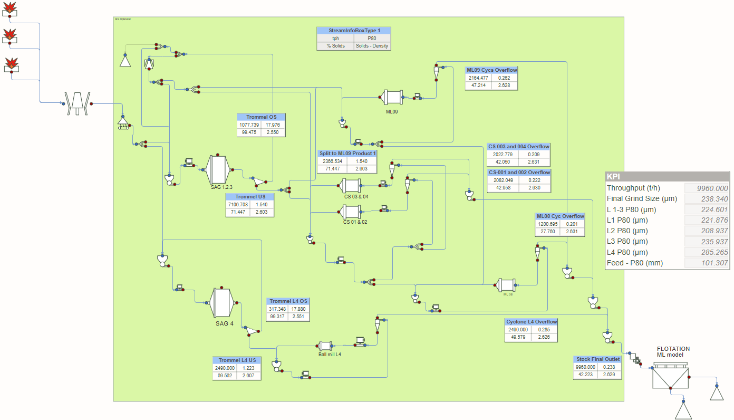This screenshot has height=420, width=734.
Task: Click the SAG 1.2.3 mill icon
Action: tap(218, 169)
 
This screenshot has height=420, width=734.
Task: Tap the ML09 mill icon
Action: tap(391, 97)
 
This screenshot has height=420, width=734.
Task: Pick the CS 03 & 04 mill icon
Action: tap(349, 185)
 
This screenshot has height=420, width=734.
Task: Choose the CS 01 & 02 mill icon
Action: tap(349, 212)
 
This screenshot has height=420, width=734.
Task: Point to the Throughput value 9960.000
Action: tap(706, 188)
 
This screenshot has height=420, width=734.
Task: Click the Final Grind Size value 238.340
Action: tap(706, 199)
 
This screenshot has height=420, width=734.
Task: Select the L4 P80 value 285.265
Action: tap(706, 252)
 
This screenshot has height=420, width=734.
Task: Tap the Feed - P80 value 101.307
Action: tap(706, 263)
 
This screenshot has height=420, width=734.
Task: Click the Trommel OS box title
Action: tap(262, 117)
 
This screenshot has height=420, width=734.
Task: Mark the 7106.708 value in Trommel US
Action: tap(237, 204)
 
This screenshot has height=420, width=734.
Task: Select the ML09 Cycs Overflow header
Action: tap(491, 70)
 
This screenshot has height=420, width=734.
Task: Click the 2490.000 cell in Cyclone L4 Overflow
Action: tap(517, 330)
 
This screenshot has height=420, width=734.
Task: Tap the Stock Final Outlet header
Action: tap(597, 359)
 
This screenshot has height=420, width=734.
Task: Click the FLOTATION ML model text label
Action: tap(673, 351)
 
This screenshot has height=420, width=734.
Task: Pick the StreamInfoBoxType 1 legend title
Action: tap(354, 31)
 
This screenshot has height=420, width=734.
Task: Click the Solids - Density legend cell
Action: tap(372, 46)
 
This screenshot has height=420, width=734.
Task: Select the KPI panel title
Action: tap(614, 177)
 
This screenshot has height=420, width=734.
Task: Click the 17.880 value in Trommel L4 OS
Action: tap(298, 309)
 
